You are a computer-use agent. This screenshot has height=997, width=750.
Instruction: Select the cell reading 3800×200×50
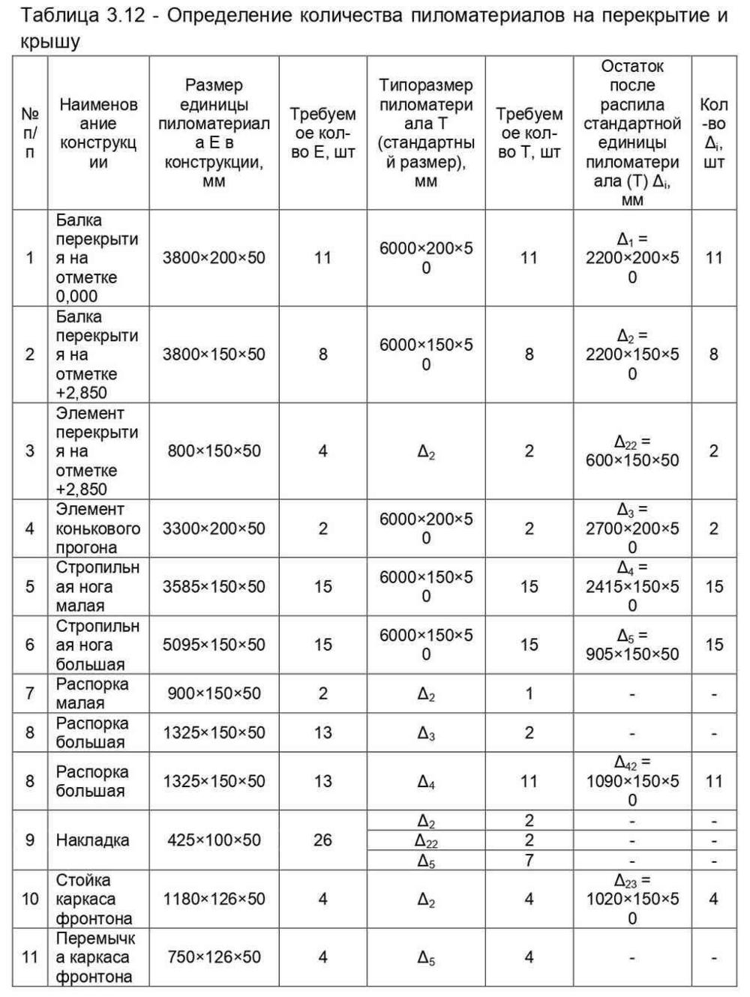pos(214,258)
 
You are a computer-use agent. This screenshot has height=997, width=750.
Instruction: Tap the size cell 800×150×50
pos(214,451)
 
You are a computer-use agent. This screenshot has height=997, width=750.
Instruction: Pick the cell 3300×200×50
pos(214,528)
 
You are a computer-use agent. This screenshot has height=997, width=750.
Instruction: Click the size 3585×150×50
pos(214,586)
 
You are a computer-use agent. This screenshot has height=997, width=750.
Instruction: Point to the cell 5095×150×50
pos(214,645)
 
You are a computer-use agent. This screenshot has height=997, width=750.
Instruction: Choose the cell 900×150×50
pos(214,693)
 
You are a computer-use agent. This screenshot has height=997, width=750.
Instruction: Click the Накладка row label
pos(92,840)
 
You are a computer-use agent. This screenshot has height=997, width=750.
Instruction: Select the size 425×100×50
pos(214,840)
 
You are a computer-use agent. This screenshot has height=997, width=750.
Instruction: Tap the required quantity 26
pos(322,840)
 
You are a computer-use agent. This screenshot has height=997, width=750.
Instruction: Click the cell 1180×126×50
pos(214,898)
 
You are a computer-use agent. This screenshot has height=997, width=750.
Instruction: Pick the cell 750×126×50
pos(214,957)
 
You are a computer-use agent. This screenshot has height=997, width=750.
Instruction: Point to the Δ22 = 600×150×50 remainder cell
pos(631,451)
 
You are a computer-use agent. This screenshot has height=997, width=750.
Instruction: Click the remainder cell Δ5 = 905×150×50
pos(631,645)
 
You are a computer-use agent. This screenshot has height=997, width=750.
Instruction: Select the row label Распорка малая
pos(91,693)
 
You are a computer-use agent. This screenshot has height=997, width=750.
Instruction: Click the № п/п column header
pos(30,133)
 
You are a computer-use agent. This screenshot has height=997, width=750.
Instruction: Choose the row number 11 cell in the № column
pos(30,957)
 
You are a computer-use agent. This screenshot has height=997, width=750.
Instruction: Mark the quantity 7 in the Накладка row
pos(529,860)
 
